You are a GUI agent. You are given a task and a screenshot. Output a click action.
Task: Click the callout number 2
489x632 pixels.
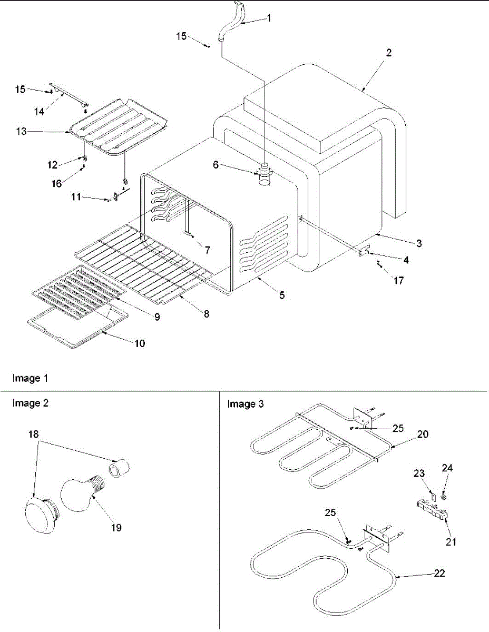click(389, 53)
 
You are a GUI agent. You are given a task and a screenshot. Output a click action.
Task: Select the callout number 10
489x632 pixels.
click(140, 343)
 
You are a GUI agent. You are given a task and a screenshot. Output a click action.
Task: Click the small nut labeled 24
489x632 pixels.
click(444, 496)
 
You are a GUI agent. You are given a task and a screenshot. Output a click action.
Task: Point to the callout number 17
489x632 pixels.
click(398, 281)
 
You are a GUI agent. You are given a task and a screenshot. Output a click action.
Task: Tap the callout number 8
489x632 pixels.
click(207, 314)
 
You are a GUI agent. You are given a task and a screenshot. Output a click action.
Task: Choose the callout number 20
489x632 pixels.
click(423, 434)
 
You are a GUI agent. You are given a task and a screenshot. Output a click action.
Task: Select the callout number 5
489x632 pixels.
click(282, 295)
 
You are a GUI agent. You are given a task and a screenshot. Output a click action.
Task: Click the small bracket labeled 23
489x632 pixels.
click(432, 496)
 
